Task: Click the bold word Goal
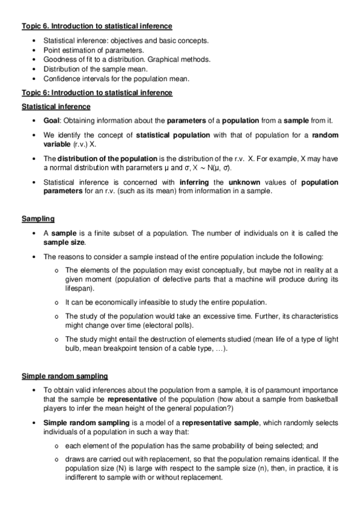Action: coord(53,120)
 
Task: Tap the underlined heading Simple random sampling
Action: coord(65,376)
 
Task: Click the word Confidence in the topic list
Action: coord(61,79)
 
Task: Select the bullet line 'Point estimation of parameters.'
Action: coord(93,50)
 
